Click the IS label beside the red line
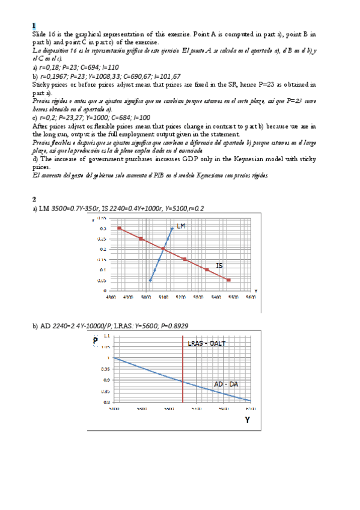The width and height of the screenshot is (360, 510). tap(220, 265)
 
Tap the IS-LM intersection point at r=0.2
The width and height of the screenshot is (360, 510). tap(163, 249)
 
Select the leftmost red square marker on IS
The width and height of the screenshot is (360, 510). tap(120, 229)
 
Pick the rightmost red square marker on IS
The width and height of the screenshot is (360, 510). tap(228, 280)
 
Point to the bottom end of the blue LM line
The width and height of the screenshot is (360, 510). tap(150, 280)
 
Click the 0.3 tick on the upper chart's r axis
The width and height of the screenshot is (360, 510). tap(103, 229)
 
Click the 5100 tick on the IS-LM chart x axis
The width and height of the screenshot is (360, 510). tap(163, 297)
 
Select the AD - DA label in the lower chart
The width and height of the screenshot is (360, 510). tap(226, 384)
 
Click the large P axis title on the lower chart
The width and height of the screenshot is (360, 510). tap(95, 340)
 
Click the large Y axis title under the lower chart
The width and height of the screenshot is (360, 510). tap(247, 420)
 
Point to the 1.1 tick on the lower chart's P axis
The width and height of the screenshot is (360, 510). tap(106, 336)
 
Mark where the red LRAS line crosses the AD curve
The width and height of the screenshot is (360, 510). tap(183, 381)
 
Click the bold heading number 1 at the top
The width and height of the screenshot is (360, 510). tap(34, 26)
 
